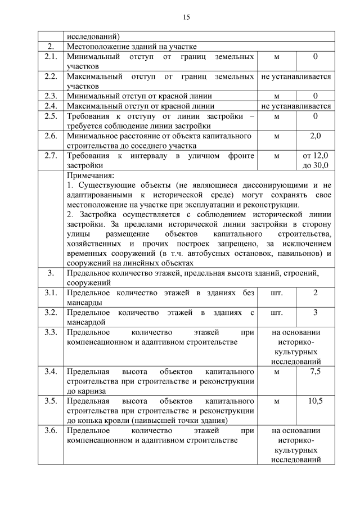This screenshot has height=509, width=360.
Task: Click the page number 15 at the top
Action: [186, 17]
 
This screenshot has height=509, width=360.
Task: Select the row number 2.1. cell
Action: [51, 57]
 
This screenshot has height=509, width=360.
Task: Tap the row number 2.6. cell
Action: [51, 136]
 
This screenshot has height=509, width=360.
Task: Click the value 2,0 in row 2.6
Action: [316, 136]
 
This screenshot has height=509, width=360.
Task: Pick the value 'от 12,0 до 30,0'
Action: [316, 160]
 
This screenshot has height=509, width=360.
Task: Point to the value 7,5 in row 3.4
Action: [316, 372]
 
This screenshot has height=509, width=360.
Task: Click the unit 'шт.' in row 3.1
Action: [277, 293]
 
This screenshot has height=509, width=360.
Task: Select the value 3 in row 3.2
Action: [316, 312]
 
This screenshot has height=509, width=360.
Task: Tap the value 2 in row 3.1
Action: [316, 293]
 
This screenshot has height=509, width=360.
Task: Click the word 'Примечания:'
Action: [90, 175]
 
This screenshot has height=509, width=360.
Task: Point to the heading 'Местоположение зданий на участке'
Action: [132, 46]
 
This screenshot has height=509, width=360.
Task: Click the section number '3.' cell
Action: [51, 273]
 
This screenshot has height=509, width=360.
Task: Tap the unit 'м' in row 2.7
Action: [277, 155]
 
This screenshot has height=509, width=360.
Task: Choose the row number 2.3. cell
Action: [51, 96]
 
